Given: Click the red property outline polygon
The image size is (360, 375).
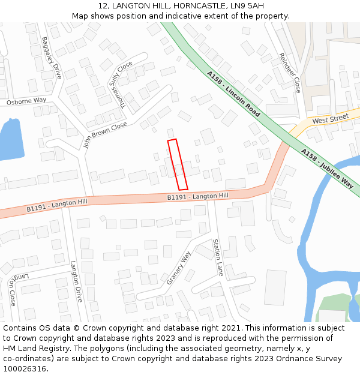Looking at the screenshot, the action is pos(178,165).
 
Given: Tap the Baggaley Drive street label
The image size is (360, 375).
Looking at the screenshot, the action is pos(52,58).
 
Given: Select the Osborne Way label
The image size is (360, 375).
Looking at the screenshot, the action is pos(26,101).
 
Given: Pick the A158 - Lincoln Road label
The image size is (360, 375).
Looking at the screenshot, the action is pos(233,94).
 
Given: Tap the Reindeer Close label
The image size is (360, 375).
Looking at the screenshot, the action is pos(289,73).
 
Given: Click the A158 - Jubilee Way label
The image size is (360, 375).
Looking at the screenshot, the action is pos(327,169).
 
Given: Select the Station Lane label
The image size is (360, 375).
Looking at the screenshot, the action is pos(218,257).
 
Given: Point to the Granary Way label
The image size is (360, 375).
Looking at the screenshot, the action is pos(178,268).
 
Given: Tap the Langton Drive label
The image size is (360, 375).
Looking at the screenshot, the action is pos(76,281).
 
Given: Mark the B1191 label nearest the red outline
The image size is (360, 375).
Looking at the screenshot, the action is pos(197,196).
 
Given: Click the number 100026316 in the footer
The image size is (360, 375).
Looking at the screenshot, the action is pos(25,369).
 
